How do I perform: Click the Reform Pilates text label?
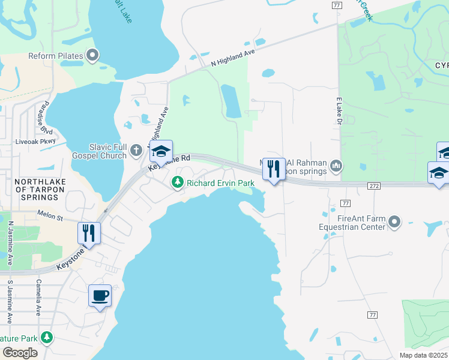point(55,56)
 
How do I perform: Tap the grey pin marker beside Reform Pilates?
point(92,56)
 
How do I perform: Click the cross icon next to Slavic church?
point(137,149)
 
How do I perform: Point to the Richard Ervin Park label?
point(221,183)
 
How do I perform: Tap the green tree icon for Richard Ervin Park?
point(178,182)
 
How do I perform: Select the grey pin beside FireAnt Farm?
point(394,223)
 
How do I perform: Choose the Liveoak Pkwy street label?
point(35,142)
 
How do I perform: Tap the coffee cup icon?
point(100,295)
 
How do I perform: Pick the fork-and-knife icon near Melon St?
point(89,233)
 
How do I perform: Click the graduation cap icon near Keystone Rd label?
point(161,151)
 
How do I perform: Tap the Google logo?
point(20,353)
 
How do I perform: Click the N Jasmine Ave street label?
point(11,244)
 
